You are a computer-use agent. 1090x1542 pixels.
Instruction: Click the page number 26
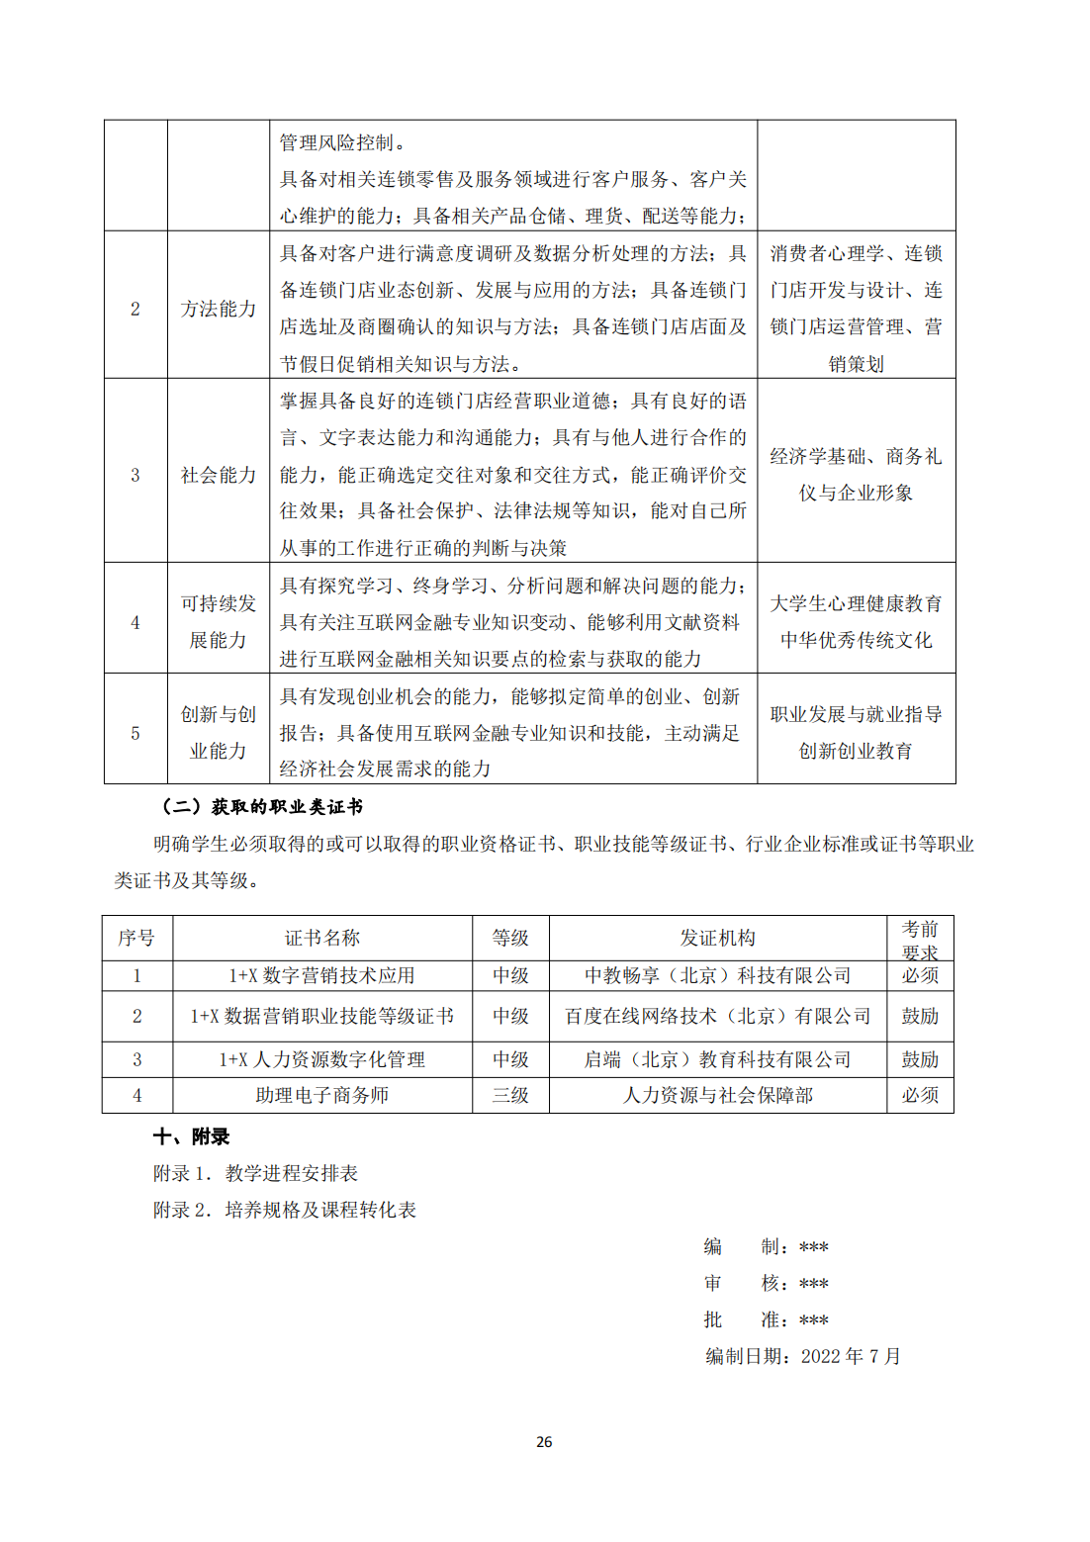(544, 1442)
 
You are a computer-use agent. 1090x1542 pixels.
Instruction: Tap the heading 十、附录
(191, 1136)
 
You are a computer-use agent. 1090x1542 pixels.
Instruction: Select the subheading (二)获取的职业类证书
(263, 807)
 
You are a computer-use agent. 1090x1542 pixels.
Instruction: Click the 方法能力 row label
(219, 309)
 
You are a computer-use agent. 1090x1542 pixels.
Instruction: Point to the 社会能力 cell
(219, 475)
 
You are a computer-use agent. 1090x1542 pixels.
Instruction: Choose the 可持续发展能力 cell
(219, 621)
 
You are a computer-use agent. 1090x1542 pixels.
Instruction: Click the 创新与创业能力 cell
(219, 732)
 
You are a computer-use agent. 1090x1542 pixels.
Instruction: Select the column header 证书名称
(322, 938)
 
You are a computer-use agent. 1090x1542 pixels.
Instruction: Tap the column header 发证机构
(717, 938)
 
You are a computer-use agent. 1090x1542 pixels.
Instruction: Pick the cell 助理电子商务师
(322, 1095)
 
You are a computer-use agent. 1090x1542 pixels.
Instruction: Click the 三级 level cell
(510, 1095)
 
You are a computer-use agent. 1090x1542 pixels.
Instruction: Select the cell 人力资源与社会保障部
(717, 1095)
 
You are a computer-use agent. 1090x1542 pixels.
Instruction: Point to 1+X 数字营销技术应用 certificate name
(322, 975)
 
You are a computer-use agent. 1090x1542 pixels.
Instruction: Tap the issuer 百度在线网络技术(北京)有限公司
(717, 1016)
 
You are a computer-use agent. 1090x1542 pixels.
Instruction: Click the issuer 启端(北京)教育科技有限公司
(717, 1059)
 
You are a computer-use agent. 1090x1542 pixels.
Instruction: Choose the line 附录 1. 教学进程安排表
(255, 1173)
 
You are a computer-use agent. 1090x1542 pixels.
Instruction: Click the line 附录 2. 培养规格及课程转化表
(284, 1210)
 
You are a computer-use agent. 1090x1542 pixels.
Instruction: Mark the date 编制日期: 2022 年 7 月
(802, 1356)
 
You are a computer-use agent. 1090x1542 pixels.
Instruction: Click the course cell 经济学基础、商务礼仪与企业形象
(856, 474)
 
